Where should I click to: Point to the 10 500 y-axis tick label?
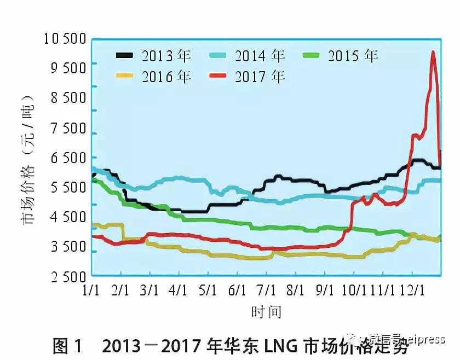[65, 39]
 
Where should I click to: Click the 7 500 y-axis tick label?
[67, 129]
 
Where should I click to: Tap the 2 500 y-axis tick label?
[67, 277]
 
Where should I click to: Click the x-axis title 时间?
[266, 312]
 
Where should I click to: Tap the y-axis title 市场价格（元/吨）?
[28, 159]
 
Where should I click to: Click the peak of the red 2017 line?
[433, 52]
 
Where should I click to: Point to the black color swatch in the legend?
[125, 55]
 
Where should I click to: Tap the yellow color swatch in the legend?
[125, 76]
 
